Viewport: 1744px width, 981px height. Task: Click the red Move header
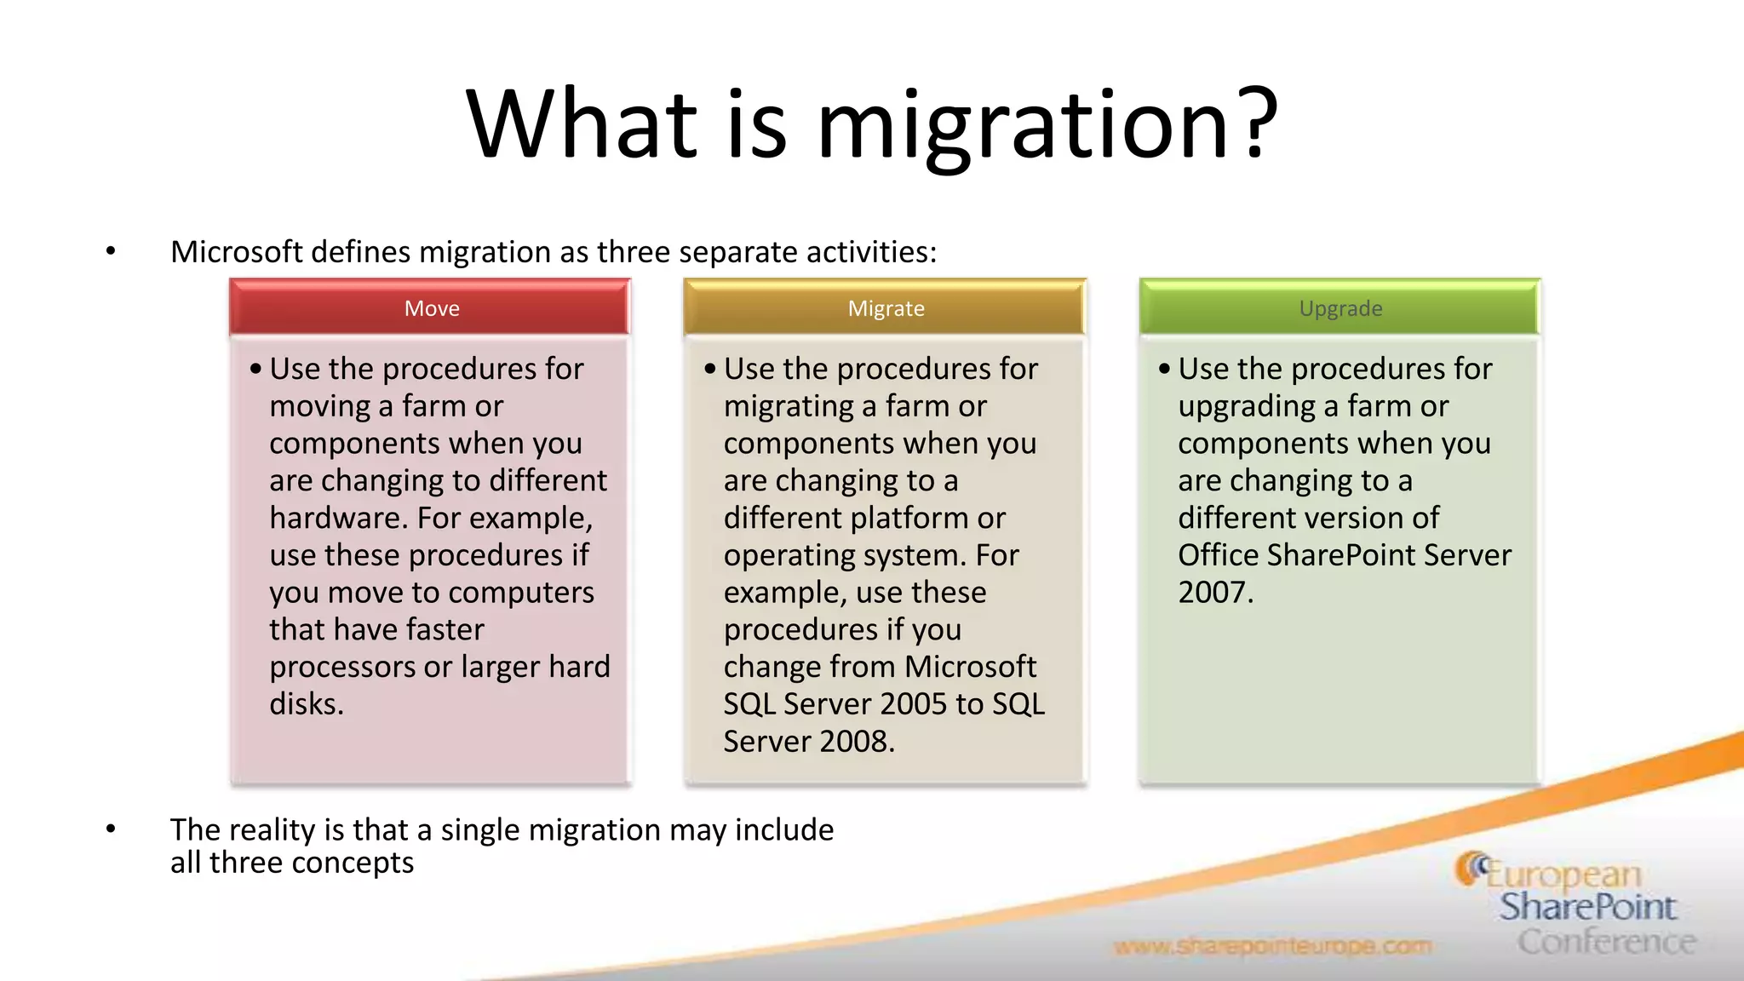coord(431,308)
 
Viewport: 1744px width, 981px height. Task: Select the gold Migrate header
coord(886,308)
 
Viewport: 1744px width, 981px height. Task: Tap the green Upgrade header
coord(1340,308)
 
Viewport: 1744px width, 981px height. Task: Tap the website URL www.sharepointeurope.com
coord(1272,946)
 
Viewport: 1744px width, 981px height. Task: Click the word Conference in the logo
coord(1606,942)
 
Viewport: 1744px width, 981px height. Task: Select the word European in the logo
coord(1563,874)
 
